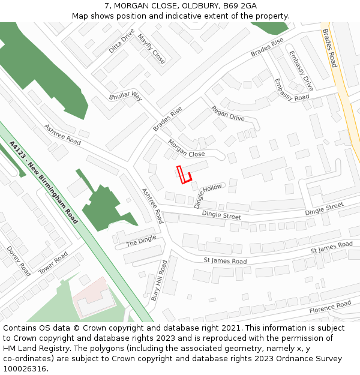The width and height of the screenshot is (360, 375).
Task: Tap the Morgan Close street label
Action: tap(186, 148)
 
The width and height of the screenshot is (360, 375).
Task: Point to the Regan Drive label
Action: tap(228, 113)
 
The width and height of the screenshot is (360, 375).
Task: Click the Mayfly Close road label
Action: tap(151, 49)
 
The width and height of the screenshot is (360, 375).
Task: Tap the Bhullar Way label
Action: tap(125, 96)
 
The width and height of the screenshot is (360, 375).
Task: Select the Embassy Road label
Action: tap(292, 89)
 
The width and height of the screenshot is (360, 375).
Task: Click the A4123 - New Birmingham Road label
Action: tap(44, 182)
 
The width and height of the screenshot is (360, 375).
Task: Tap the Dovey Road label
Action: tap(18, 260)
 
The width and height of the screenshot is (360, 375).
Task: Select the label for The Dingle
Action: tap(141, 241)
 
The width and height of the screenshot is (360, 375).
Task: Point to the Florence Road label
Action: tap(329, 308)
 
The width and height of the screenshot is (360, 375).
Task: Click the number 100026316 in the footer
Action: tap(25, 368)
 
